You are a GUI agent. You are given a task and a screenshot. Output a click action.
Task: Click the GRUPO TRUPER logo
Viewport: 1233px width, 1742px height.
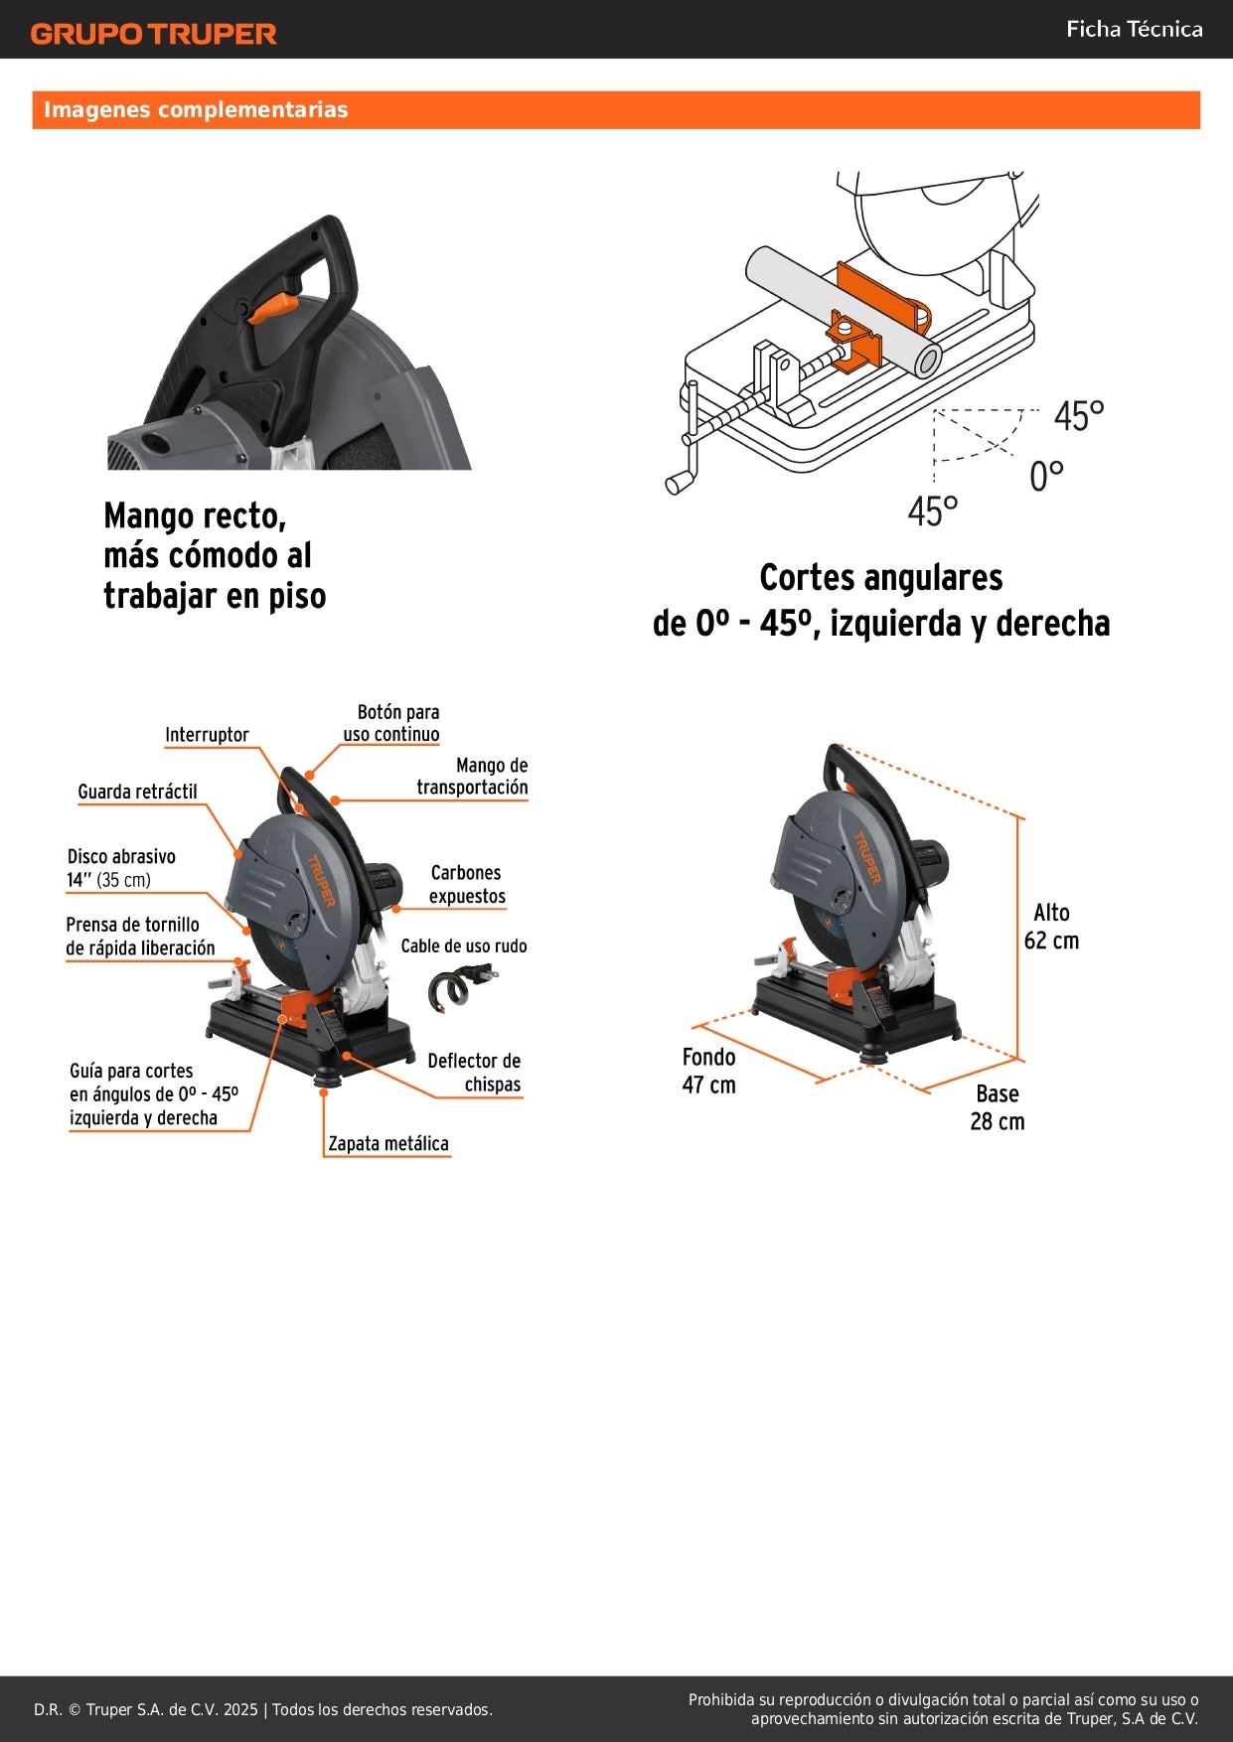coord(153,34)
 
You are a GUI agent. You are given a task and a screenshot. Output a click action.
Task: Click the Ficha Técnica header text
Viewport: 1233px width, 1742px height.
coord(1134,30)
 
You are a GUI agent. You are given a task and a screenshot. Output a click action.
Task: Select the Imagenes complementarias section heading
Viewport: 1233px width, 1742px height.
coord(196,110)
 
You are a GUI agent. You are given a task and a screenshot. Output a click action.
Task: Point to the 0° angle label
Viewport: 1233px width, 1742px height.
coord(1046,477)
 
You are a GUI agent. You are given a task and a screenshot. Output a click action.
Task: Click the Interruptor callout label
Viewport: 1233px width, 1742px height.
coord(207,735)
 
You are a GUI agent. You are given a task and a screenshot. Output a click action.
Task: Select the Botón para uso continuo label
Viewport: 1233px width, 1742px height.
coord(392,723)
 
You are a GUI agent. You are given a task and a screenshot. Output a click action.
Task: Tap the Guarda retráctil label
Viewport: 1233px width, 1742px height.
coord(137,792)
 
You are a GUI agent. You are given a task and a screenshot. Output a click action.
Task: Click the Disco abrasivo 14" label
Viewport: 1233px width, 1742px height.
coord(120,868)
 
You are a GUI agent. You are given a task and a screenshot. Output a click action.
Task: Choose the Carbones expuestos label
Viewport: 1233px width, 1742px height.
coord(466,884)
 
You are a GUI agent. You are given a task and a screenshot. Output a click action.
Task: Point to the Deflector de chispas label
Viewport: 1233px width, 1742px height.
coord(475,1073)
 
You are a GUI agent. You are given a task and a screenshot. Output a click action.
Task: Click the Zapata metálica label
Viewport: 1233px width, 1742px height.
coord(388,1144)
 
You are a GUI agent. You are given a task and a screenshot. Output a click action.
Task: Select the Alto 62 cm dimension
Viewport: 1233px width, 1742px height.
coord(1051,927)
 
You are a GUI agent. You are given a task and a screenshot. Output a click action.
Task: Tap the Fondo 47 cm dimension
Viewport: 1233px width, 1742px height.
coord(708,1071)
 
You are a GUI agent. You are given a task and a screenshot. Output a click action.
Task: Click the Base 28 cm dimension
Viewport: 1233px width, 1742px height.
coord(998,1107)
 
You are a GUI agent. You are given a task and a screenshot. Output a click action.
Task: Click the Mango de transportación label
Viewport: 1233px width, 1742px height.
coord(473,776)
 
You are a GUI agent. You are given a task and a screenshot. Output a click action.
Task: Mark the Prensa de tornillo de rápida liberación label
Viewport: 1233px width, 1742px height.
coord(139,937)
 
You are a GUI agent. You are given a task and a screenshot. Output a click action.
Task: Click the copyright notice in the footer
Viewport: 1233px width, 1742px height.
coord(263,1709)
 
